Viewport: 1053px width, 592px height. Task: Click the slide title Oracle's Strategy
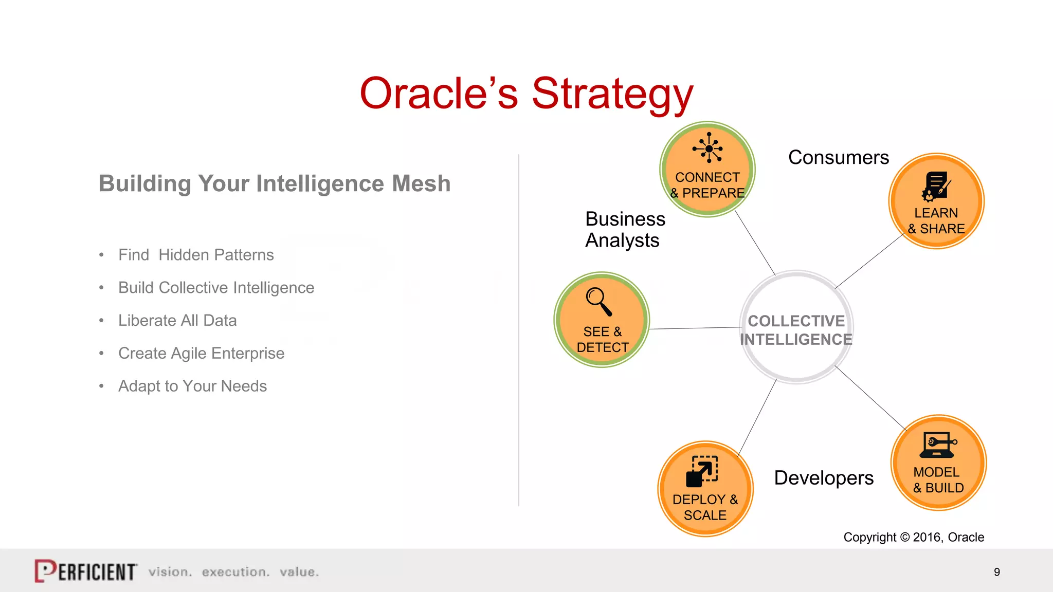tap(526, 94)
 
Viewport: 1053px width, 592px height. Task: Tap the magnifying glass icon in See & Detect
tap(598, 301)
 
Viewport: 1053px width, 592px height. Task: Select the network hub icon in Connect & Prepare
tap(708, 148)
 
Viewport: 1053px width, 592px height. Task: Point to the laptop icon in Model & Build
tap(937, 445)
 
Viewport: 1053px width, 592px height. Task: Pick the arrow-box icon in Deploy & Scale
tap(702, 471)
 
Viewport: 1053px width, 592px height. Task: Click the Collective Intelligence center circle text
tap(796, 330)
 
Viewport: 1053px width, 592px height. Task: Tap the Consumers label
tap(838, 157)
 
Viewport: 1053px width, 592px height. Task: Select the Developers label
tap(823, 478)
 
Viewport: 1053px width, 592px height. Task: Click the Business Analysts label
tap(625, 230)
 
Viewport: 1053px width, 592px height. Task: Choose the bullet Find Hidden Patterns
tap(196, 255)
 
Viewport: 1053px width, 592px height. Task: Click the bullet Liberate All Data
tap(177, 321)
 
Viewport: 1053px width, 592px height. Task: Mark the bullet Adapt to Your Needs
tap(192, 386)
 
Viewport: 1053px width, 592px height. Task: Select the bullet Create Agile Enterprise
tap(201, 354)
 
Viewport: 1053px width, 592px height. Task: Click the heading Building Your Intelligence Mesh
tap(275, 183)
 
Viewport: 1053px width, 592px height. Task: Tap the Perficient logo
tap(86, 571)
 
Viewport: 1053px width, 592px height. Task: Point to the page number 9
tap(996, 572)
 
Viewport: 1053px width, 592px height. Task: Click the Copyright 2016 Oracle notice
tap(913, 537)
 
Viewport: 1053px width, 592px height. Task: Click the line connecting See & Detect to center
tap(694, 328)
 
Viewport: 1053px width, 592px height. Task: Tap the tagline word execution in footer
tap(235, 572)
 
